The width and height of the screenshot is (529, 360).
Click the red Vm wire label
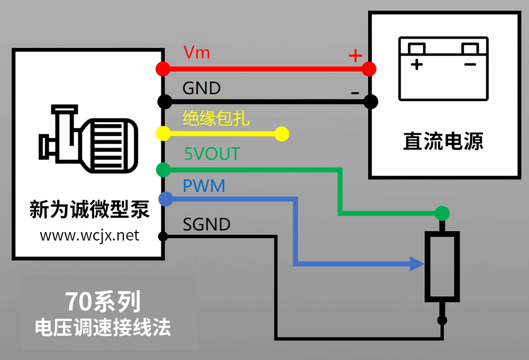pyautogui.click(x=196, y=53)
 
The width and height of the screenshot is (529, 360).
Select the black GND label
pyautogui.click(x=201, y=88)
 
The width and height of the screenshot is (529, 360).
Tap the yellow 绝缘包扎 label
pyautogui.click(x=216, y=118)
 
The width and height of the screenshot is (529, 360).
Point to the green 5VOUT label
pyautogui.click(x=212, y=154)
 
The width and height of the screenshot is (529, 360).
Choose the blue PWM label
pyautogui.click(x=204, y=186)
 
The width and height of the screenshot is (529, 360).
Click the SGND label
pyautogui.click(x=206, y=225)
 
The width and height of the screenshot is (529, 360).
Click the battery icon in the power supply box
pyautogui.click(x=443, y=68)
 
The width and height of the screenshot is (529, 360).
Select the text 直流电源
pyautogui.click(x=443, y=142)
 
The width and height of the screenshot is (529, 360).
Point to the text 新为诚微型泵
pyautogui.click(x=89, y=210)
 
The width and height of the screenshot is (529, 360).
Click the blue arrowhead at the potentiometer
pyautogui.click(x=417, y=263)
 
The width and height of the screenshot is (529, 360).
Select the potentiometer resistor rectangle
pyautogui.click(x=442, y=267)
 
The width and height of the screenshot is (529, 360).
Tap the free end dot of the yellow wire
pyautogui.click(x=282, y=134)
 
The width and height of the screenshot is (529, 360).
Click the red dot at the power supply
pyautogui.click(x=369, y=69)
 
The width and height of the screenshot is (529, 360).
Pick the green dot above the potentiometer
pyautogui.click(x=442, y=214)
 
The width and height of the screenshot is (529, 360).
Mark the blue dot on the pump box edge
pyautogui.click(x=165, y=199)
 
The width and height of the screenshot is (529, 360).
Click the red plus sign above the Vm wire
pyautogui.click(x=354, y=55)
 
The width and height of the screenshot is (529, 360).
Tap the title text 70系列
pyautogui.click(x=104, y=302)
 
